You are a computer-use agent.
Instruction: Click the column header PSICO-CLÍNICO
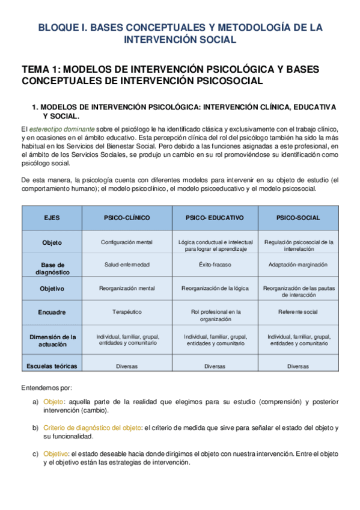(x=126, y=217)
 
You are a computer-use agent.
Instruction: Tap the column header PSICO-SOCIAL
(x=298, y=217)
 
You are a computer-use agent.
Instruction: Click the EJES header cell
(x=52, y=217)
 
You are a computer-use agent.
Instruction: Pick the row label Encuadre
(x=52, y=312)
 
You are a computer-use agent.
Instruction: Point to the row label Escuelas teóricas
(x=52, y=366)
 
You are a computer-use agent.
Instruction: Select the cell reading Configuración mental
(x=126, y=242)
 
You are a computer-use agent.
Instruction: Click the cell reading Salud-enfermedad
(x=126, y=264)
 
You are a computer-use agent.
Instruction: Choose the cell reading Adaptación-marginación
(x=298, y=264)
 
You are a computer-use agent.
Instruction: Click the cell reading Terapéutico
(x=126, y=312)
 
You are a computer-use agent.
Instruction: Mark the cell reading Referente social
(x=298, y=312)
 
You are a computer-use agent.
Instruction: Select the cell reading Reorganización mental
(x=126, y=288)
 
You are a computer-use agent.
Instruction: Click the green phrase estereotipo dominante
(x=62, y=129)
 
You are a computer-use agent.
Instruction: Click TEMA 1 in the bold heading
(x=40, y=69)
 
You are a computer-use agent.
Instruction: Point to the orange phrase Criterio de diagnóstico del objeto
(x=91, y=428)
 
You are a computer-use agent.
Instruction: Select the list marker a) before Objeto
(x=35, y=402)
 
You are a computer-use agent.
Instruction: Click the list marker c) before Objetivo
(x=35, y=453)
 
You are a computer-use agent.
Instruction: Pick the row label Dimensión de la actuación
(x=52, y=340)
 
